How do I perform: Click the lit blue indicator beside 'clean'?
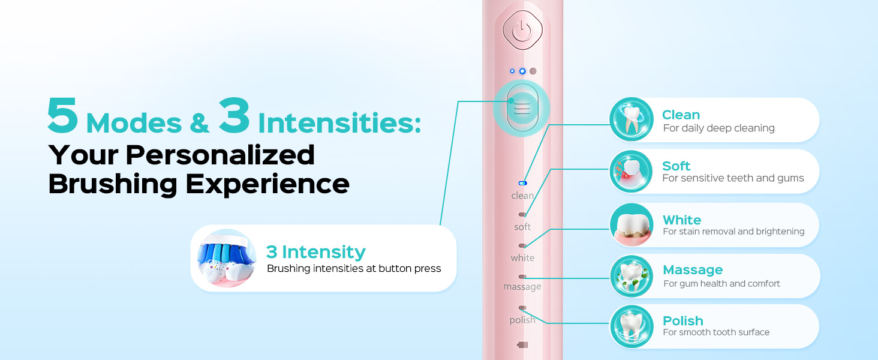[x=522, y=183]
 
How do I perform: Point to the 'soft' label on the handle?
[x=522, y=227]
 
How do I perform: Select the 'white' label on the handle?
[x=522, y=258]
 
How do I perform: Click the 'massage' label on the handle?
[x=522, y=287]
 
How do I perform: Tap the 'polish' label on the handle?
[x=522, y=320]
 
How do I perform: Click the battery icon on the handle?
[x=522, y=345]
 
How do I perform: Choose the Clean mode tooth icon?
[x=631, y=119]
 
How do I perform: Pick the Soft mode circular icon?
[x=631, y=171]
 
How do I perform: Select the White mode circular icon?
[x=631, y=225]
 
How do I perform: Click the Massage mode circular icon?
[x=631, y=276]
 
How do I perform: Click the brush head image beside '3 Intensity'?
[x=227, y=258]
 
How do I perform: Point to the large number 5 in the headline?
[x=63, y=116]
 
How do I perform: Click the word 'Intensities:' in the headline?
[x=339, y=123]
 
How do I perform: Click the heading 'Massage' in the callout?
[x=693, y=270]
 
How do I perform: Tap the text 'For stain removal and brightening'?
[x=733, y=232]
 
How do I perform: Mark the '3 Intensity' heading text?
[x=315, y=251]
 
